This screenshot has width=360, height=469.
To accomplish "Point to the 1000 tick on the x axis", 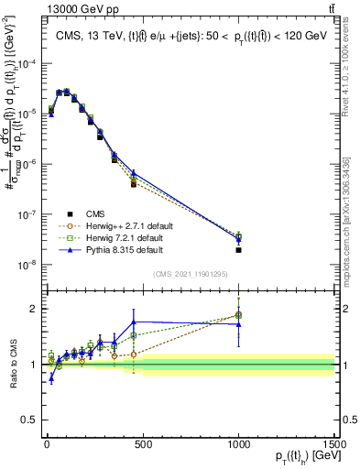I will (x=238, y=442).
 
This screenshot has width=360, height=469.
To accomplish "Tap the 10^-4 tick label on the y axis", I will (x=26, y=64).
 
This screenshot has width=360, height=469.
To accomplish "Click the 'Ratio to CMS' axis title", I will (x=11, y=365).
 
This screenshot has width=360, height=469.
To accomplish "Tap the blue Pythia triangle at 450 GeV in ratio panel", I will (x=134, y=322).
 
